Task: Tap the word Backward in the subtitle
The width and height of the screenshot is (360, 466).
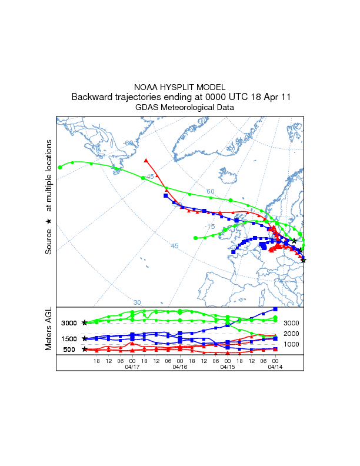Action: pyautogui.click(x=91, y=97)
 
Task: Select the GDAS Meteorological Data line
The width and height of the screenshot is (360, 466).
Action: pyautogui.click(x=180, y=108)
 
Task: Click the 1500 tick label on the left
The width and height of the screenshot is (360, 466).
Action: pyautogui.click(x=69, y=339)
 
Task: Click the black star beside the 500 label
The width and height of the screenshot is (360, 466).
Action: pyautogui.click(x=85, y=349)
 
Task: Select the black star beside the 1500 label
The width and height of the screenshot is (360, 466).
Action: pyautogui.click(x=85, y=339)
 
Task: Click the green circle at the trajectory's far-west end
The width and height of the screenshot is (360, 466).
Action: pyautogui.click(x=60, y=167)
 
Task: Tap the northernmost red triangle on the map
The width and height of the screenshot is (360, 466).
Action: pyautogui.click(x=146, y=159)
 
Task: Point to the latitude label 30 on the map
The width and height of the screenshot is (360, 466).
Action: pyautogui.click(x=137, y=302)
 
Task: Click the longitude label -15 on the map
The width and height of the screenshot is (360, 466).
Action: pyautogui.click(x=210, y=227)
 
